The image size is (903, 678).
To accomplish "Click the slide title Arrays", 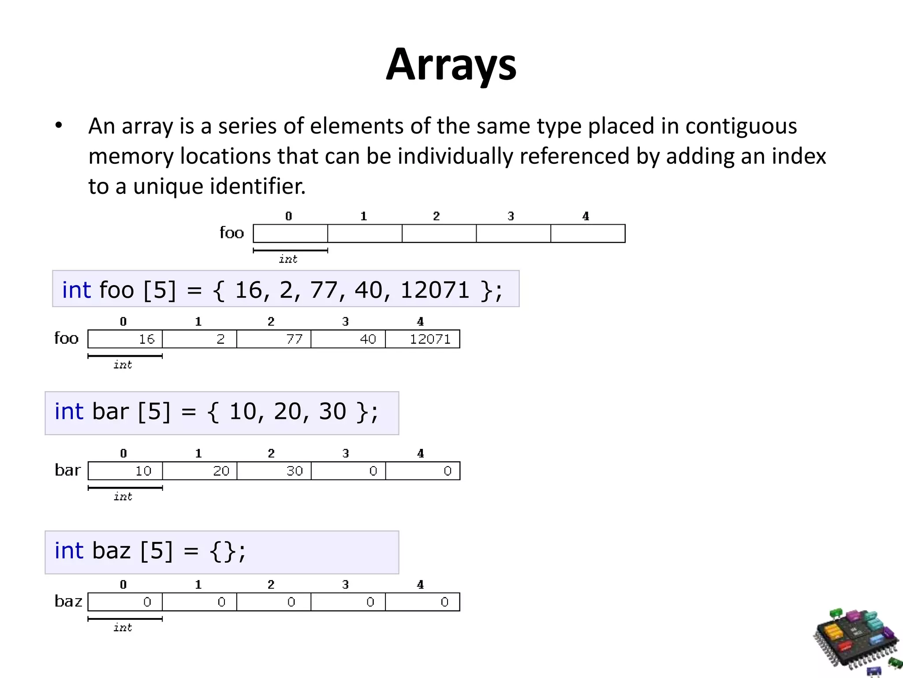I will click(451, 65).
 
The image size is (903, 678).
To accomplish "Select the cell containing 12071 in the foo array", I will click(422, 339).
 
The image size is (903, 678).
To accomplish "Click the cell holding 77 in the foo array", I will click(274, 339).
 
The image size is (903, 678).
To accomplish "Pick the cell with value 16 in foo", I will click(125, 339).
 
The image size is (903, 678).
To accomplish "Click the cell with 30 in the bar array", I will click(274, 471).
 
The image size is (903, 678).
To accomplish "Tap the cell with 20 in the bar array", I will click(200, 471).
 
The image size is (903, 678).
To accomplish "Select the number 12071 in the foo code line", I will click(435, 290).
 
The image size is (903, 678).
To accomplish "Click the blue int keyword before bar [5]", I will click(69, 411).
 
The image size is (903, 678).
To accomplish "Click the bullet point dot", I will click(59, 126).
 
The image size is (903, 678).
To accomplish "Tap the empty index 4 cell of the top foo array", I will click(588, 234).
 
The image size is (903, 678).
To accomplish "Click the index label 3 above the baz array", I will click(346, 585).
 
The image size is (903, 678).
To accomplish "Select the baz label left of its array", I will click(68, 601).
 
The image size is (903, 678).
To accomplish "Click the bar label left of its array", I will click(68, 470).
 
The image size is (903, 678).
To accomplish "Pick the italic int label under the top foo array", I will click(288, 259).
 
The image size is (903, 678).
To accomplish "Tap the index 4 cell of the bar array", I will click(422, 471).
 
